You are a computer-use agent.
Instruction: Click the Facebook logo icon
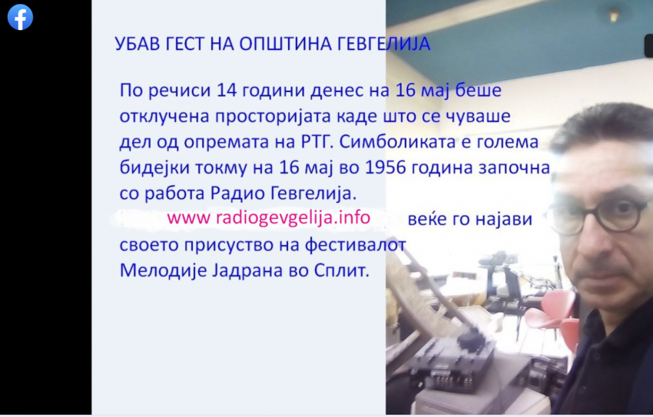(20, 17)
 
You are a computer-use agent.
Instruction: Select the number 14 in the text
(226, 90)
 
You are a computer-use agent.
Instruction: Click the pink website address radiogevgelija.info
(269, 217)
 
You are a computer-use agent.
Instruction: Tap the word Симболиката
(389, 141)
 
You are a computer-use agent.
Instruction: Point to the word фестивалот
(355, 245)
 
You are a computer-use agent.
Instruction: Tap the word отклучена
(164, 116)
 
